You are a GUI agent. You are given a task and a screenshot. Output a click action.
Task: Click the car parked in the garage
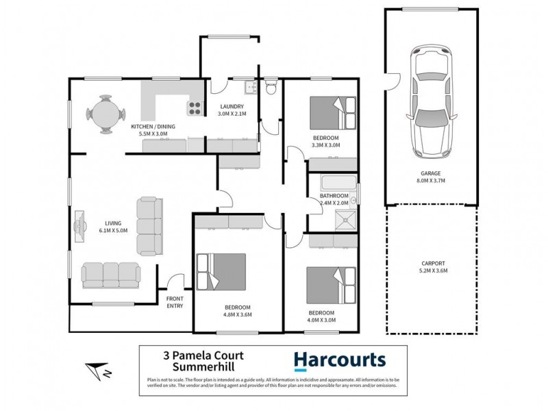[429, 102]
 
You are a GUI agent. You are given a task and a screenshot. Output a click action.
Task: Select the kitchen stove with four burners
[195, 108]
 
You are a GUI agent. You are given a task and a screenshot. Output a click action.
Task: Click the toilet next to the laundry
[272, 88]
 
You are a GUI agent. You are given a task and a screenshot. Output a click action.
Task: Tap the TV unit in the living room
[79, 227]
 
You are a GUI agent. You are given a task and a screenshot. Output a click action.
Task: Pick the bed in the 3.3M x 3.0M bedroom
[333, 112]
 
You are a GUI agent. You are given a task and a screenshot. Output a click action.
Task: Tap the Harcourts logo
[340, 360]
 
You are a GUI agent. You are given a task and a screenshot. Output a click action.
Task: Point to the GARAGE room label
[431, 174]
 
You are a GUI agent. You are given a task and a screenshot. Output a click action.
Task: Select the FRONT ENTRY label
[175, 302]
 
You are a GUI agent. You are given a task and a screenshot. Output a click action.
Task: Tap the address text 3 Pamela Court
[202, 356]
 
